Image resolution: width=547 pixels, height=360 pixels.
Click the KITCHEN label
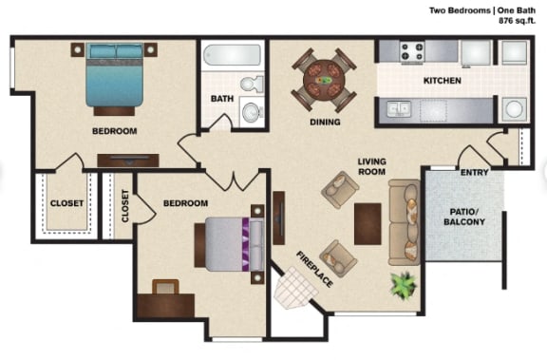[x=443, y=81]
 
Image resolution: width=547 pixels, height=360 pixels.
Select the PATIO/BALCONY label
[x=463, y=215]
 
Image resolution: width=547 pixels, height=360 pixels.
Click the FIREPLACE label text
[x=314, y=268]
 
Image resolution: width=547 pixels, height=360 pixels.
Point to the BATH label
[x=221, y=98]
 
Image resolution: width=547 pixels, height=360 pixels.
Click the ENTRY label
[x=474, y=173]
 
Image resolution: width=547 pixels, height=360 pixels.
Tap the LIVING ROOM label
[x=370, y=167]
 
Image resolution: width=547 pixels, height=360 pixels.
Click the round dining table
[x=325, y=79]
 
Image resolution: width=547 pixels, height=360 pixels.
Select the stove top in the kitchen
[x=412, y=51]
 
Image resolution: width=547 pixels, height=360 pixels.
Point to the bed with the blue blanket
[x=115, y=78]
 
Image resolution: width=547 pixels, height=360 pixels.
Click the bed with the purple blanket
[x=228, y=245]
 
